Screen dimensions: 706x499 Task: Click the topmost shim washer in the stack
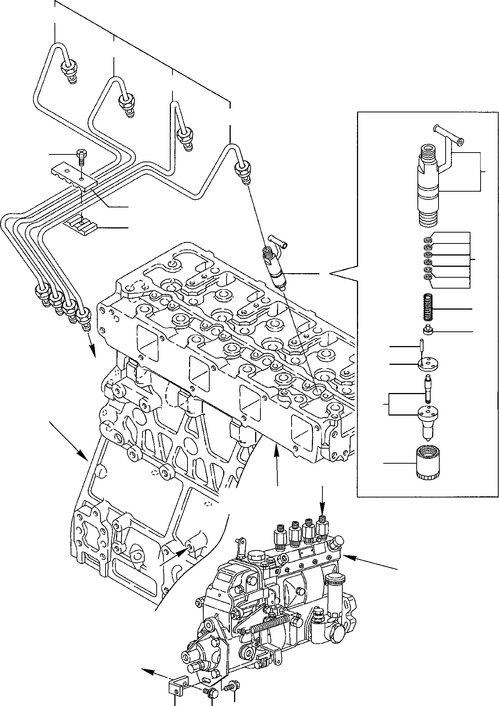[427, 240]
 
